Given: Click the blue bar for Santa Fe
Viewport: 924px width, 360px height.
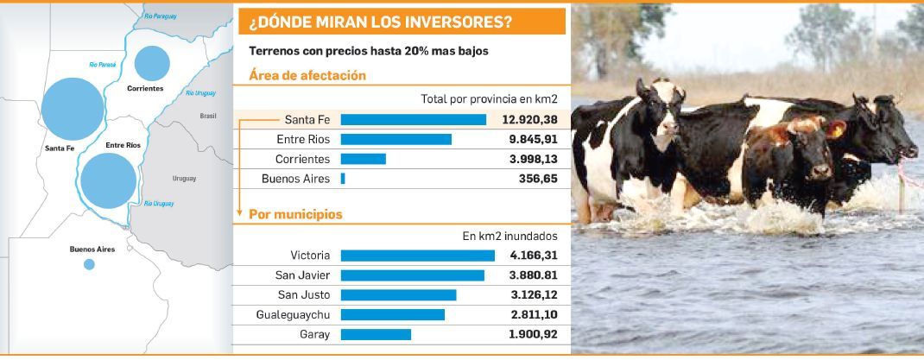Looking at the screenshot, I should point(413,120).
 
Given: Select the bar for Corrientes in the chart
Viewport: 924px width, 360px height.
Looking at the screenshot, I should point(363,159).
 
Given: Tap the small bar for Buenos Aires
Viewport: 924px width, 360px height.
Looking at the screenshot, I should point(343,179).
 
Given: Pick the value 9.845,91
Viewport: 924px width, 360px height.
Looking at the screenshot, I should point(528,140).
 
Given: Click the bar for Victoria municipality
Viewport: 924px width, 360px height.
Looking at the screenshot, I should point(417,256).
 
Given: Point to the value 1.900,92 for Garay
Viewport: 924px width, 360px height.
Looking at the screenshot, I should point(528,334).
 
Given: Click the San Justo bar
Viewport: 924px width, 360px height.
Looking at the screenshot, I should point(398,295).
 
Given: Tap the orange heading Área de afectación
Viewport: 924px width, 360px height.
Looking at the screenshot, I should point(307,76).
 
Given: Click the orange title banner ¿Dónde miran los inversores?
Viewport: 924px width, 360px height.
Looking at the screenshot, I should point(402,22).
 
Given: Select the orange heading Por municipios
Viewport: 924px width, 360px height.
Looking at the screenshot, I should point(295,214).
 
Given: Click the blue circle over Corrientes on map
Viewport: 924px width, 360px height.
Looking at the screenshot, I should point(152,62).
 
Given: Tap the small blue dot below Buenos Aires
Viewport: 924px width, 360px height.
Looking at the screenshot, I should point(89,265).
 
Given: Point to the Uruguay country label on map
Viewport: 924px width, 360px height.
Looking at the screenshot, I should point(184,179).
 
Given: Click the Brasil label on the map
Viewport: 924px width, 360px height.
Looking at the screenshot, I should point(208,115).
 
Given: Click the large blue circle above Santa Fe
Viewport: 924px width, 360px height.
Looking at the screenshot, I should point(73,110).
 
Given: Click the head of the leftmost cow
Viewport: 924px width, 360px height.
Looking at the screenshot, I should point(668,111).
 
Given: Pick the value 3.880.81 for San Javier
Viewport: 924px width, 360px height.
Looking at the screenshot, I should point(528,275).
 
